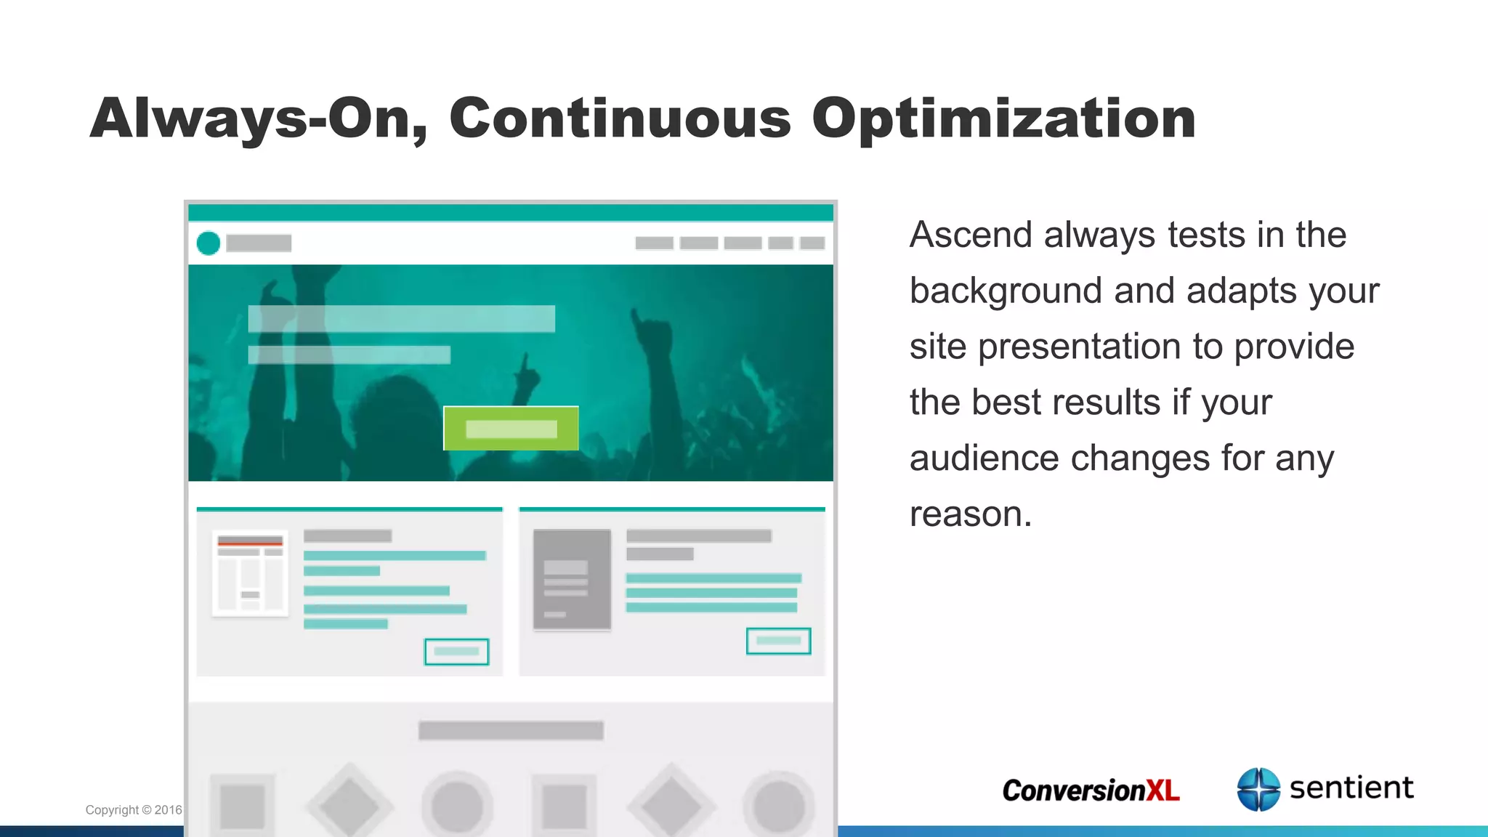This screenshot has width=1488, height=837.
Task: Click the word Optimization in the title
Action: point(1003,118)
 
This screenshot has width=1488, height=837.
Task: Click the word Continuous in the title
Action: point(620,118)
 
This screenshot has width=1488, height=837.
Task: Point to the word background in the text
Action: point(1006,291)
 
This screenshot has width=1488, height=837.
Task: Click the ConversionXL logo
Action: point(1091,790)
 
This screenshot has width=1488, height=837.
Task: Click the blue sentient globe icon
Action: point(1258,789)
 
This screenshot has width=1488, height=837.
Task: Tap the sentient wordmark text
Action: point(1351,788)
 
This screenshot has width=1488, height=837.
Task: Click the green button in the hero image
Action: point(511,429)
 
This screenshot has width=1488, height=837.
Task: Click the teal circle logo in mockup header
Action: point(209,243)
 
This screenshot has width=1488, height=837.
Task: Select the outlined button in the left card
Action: point(456,652)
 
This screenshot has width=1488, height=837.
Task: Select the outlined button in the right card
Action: point(778,641)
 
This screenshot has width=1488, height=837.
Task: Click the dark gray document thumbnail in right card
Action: point(572,579)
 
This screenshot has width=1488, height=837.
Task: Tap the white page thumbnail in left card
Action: point(250,573)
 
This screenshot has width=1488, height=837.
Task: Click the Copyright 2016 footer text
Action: point(134,810)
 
